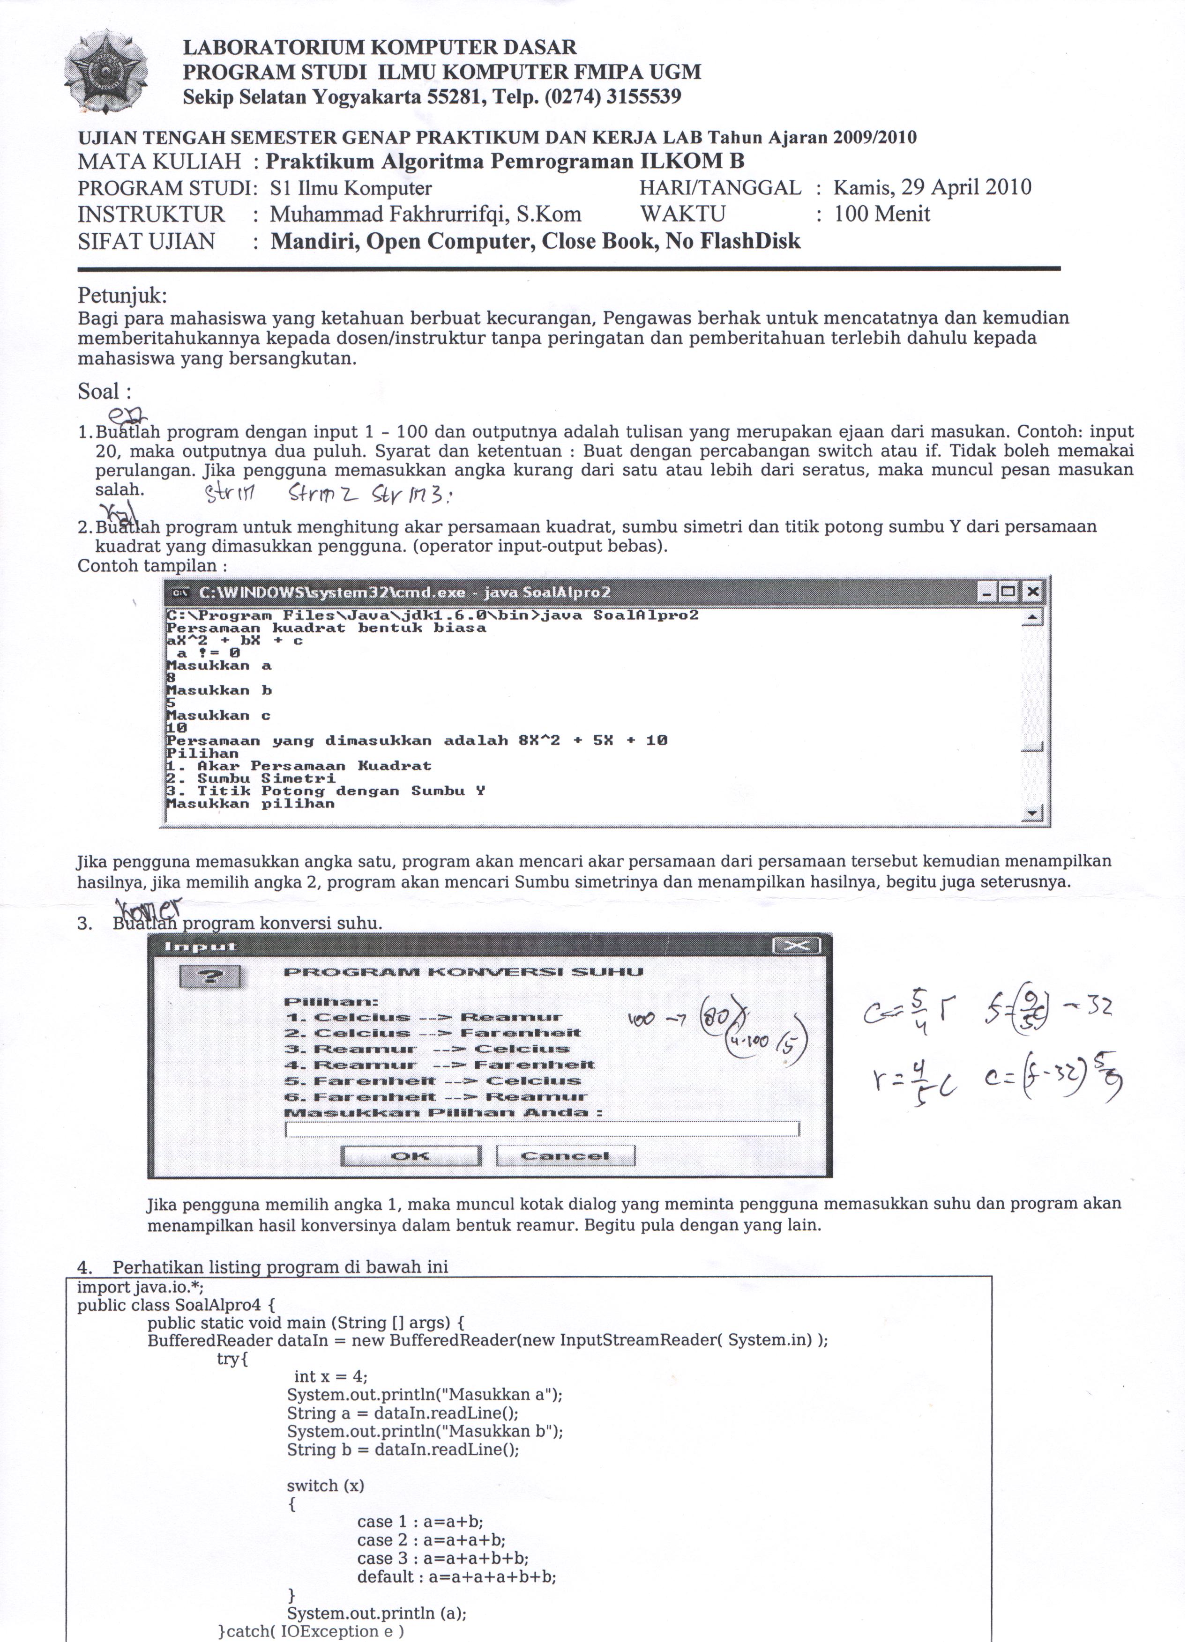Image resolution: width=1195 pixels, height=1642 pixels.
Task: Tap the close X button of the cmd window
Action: [1033, 592]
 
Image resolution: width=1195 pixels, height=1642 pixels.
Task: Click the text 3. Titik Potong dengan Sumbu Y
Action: [326, 791]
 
